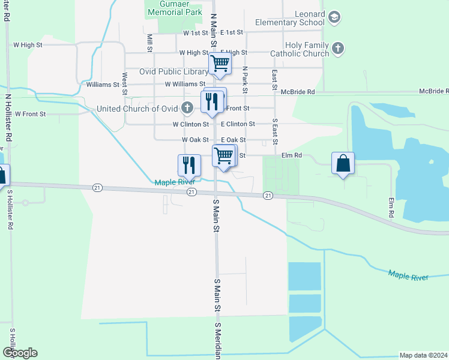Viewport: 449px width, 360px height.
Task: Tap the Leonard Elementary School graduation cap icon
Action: pyautogui.click(x=334, y=19)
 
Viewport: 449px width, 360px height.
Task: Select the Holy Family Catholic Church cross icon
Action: pyautogui.click(x=338, y=49)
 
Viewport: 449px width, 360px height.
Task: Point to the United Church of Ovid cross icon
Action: pyautogui.click(x=187, y=109)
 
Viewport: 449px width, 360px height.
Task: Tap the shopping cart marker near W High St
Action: pyautogui.click(x=220, y=62)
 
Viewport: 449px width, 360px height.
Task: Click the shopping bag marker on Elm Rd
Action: pyautogui.click(x=343, y=163)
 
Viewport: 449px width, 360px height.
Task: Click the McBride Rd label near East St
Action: pyautogui.click(x=298, y=92)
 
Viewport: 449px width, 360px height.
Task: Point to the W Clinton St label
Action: pyautogui.click(x=190, y=124)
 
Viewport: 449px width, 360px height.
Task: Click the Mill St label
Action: pyautogui.click(x=149, y=43)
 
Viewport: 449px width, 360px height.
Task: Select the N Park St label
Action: pyautogui.click(x=245, y=79)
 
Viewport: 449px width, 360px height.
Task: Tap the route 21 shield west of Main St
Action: pyautogui.click(x=97, y=188)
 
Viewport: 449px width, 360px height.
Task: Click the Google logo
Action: pyautogui.click(x=20, y=353)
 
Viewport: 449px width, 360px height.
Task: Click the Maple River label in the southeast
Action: pyautogui.click(x=408, y=276)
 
